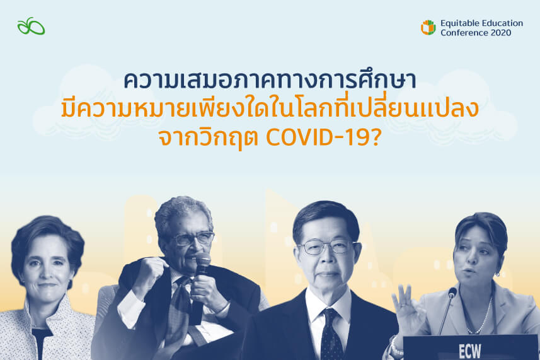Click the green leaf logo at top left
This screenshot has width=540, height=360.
click(31, 26)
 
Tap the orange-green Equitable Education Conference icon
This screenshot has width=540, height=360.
click(428, 28)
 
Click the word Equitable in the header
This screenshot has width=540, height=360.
click(461, 23)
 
